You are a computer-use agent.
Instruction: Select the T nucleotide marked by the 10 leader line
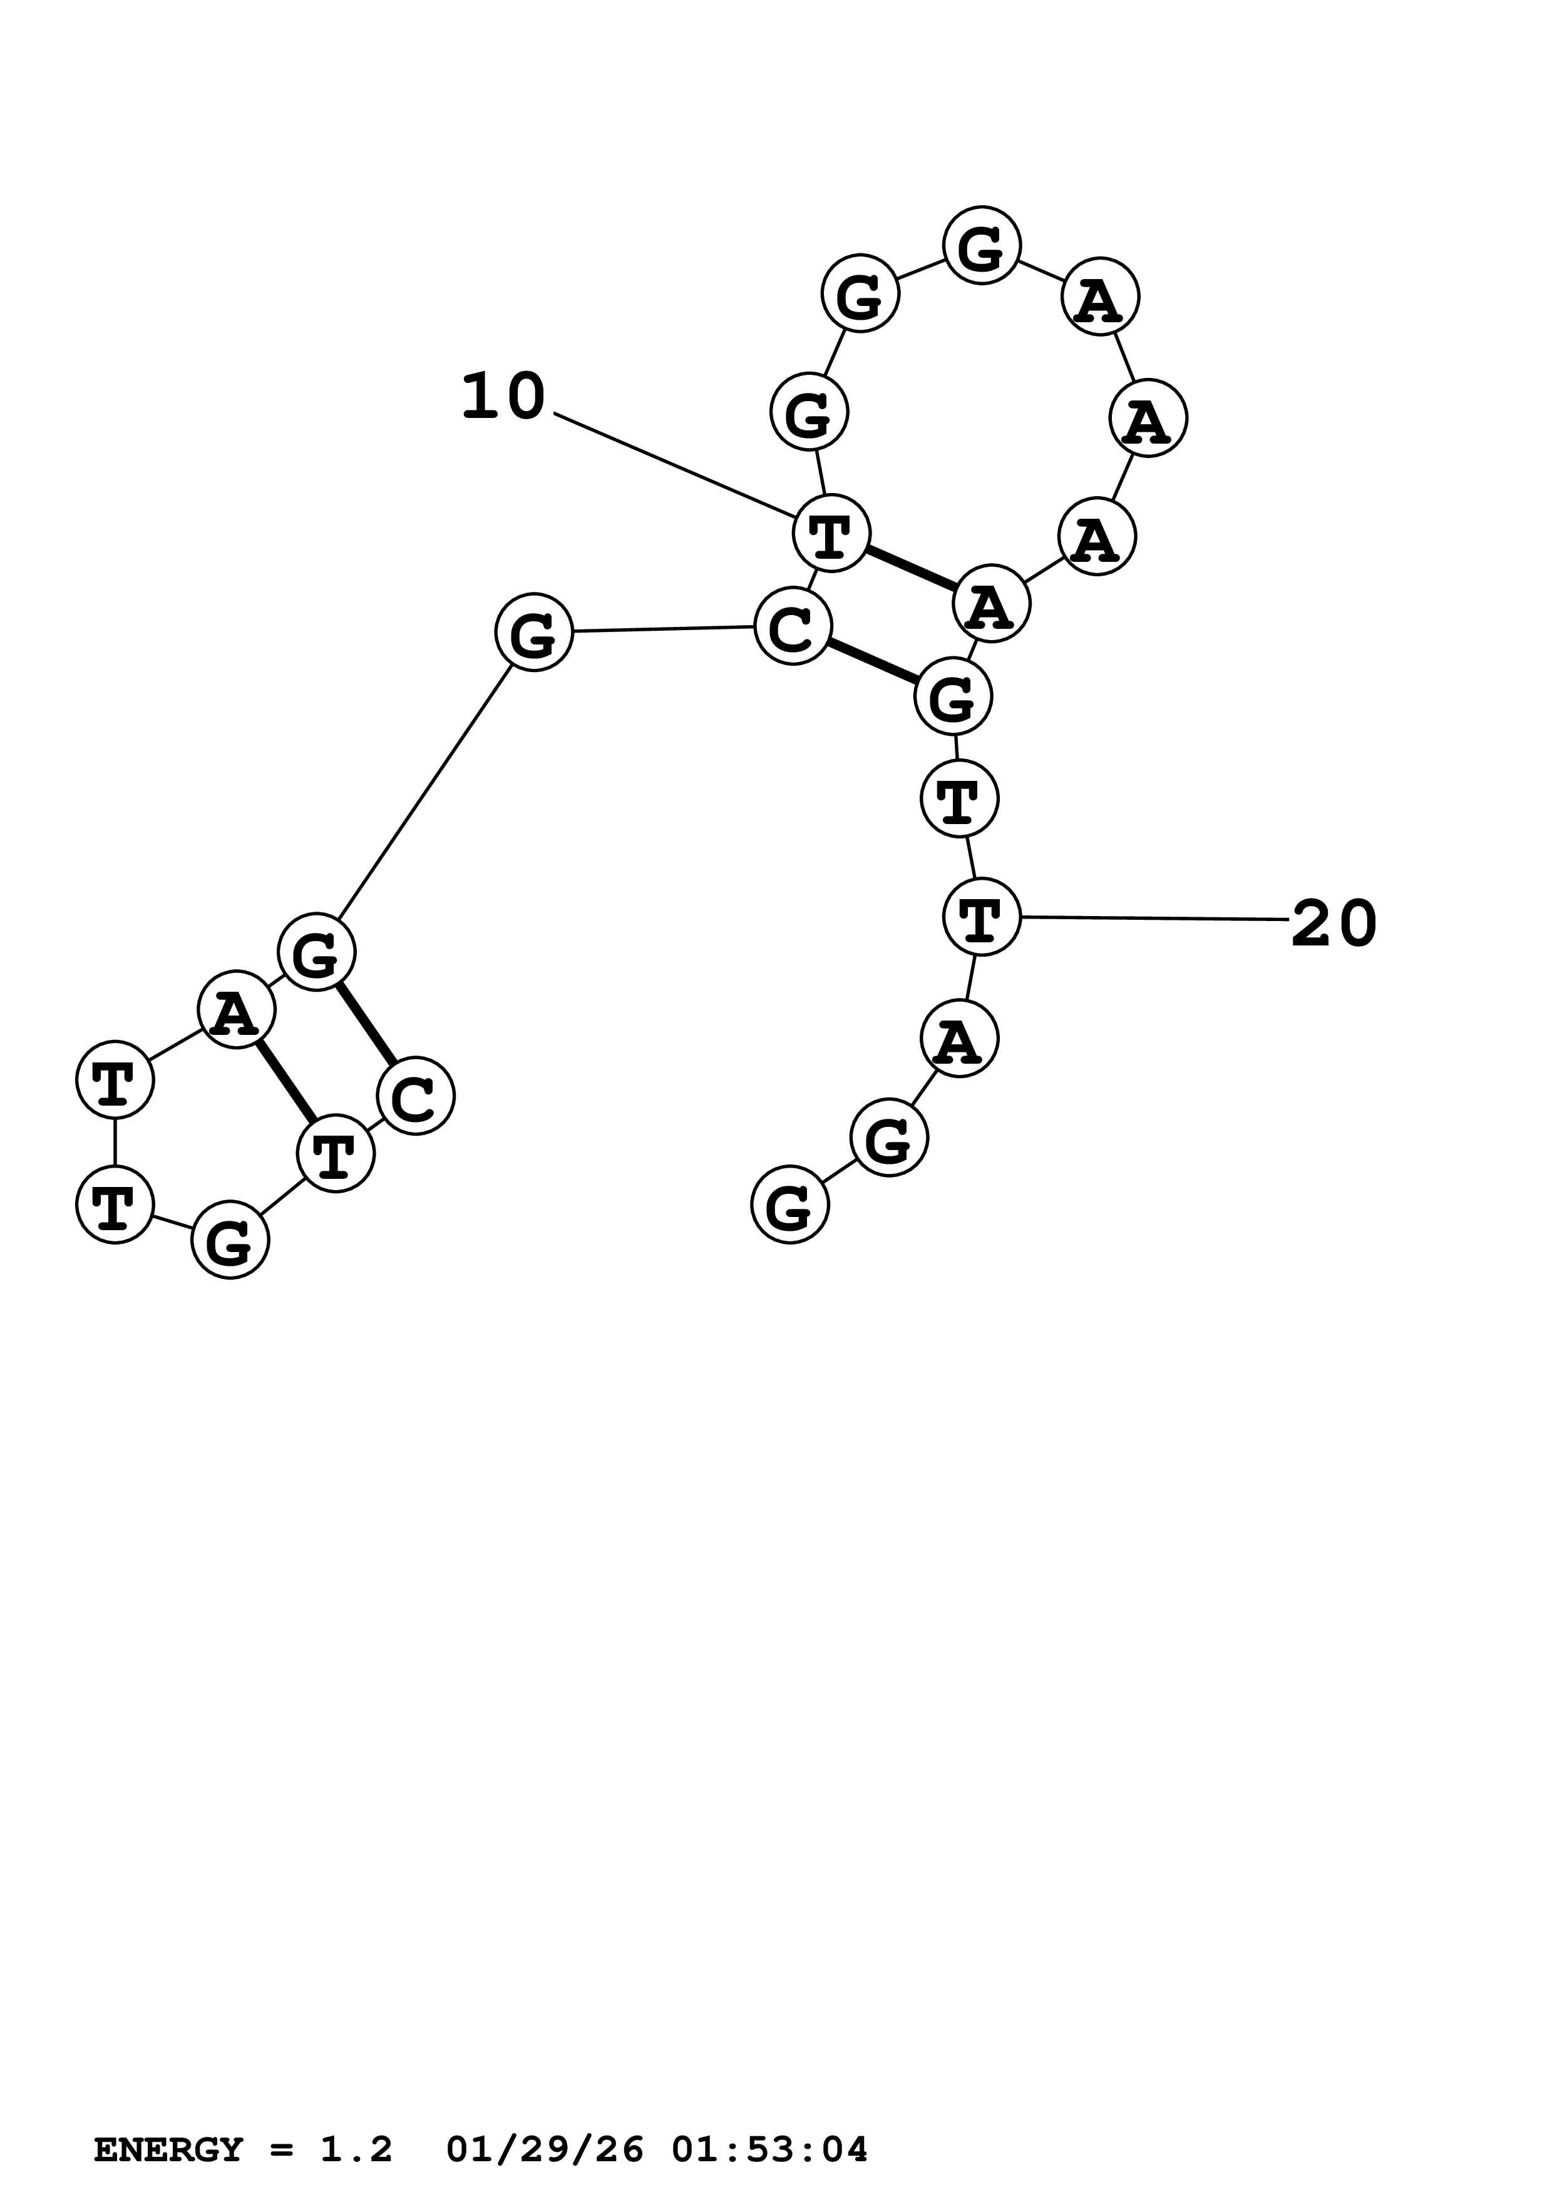(831, 534)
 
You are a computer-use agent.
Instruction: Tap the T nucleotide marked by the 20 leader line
(981, 917)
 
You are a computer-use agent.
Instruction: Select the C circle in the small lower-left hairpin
(416, 1096)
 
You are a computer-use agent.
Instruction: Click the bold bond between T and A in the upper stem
(912, 569)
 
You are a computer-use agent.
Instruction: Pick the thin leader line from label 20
(1155, 918)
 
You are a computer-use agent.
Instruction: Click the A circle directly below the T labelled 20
(959, 1038)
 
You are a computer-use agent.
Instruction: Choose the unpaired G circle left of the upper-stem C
(533, 632)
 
